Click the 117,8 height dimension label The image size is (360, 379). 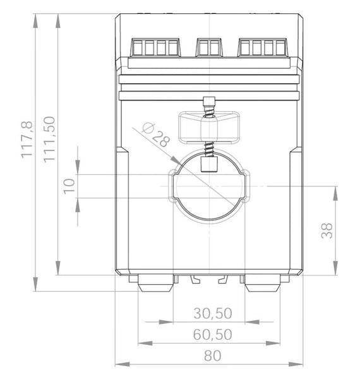(x=27, y=140)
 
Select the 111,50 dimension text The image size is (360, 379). (x=49, y=140)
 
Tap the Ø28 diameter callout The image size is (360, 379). (x=156, y=135)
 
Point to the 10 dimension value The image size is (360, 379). (x=69, y=186)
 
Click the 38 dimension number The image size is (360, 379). (x=327, y=231)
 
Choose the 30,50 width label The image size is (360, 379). (x=213, y=313)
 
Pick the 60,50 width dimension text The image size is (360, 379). (x=213, y=335)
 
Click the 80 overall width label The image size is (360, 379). (x=212, y=356)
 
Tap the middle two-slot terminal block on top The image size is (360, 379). (x=209, y=47)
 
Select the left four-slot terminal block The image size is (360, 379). (x=155, y=47)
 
